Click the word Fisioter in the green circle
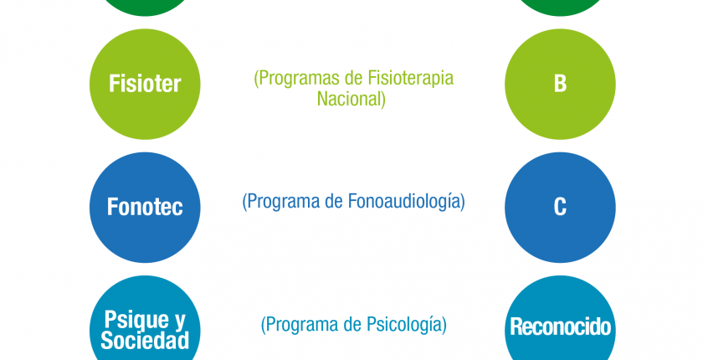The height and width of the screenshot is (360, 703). coord(145,84)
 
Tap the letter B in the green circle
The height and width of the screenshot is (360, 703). coord(560,84)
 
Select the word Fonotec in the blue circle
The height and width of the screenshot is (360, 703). coord(145,207)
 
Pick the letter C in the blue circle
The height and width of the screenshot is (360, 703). coord(560,207)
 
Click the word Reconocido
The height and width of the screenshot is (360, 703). coord(561,327)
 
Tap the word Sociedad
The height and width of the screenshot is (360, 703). coord(145,341)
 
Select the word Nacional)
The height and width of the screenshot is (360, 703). coord(351,99)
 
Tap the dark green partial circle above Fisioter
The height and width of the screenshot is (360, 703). coord(145,8)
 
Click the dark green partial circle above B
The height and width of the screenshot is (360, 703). coord(560,8)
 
